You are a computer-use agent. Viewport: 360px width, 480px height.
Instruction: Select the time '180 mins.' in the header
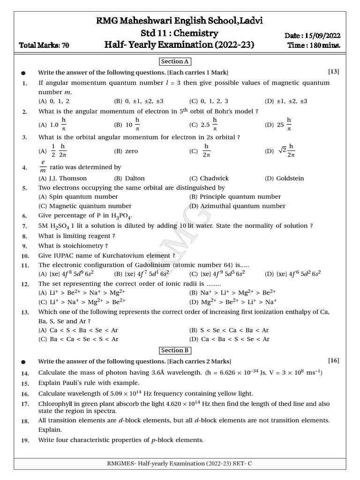324,45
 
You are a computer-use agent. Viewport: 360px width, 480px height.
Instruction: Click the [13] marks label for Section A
333,72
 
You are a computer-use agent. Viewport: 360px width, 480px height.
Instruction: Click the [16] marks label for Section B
333,360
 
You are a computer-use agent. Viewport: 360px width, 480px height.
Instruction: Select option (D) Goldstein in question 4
284,178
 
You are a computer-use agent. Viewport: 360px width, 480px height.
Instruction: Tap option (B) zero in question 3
126,151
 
